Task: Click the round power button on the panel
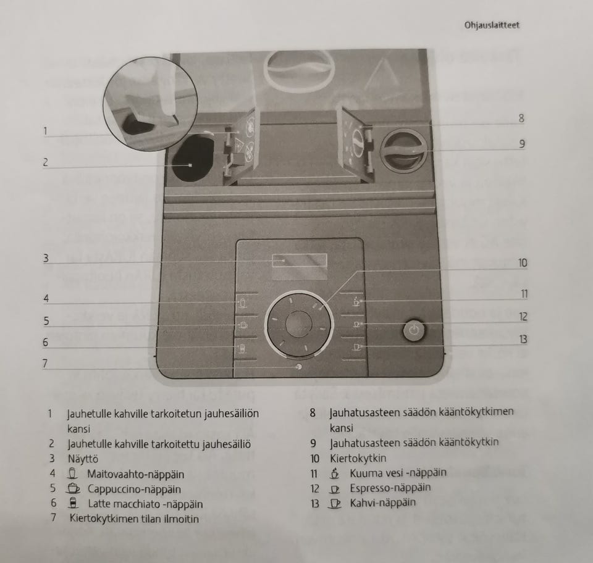[414, 331]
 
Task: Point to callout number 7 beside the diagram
[44, 363]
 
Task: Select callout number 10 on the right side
[523, 263]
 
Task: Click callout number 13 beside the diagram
[523, 339]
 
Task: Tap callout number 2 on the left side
[45, 163]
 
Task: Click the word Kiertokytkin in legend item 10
[358, 459]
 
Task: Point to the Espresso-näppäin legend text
[382, 488]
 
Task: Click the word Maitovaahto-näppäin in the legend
[136, 474]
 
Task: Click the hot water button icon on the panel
[357, 302]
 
